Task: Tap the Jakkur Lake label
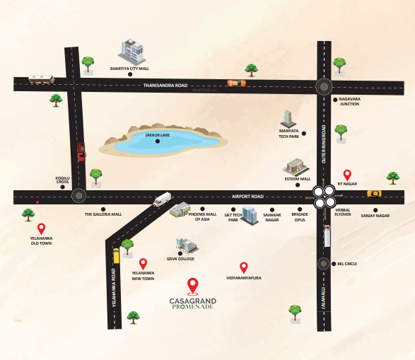[x=158, y=134]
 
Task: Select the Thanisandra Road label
[x=165, y=85]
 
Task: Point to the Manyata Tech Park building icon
[x=287, y=118]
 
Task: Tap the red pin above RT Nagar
[x=346, y=174]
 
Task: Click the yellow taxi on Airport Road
[x=374, y=193]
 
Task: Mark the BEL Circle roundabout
[x=324, y=263]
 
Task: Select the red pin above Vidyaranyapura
[x=244, y=267]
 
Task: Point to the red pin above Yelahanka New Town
[x=143, y=263]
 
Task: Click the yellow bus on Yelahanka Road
[x=117, y=255]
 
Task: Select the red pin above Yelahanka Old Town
[x=42, y=228]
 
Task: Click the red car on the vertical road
[x=81, y=152]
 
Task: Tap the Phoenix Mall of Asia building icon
[x=180, y=209]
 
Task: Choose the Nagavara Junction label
[x=349, y=102]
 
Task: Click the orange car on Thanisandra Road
[x=236, y=83]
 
